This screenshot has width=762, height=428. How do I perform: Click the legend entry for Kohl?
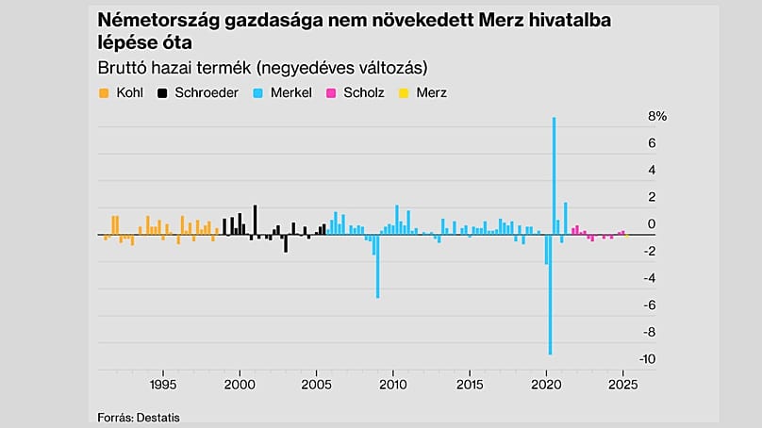122,93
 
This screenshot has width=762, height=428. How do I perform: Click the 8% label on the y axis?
656,116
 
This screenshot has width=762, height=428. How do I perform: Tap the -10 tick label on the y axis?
648,360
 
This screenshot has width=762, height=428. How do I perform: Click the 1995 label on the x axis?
163,385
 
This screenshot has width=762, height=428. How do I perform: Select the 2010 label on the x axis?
393,385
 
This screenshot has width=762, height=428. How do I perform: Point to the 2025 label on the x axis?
622,385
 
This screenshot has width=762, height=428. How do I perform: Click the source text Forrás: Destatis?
138,417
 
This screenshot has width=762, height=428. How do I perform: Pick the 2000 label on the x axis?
240,385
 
